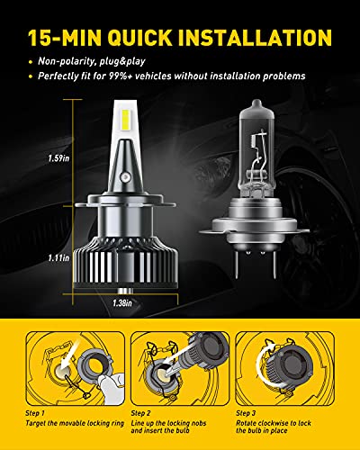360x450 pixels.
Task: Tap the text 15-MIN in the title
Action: click(x=67, y=39)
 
